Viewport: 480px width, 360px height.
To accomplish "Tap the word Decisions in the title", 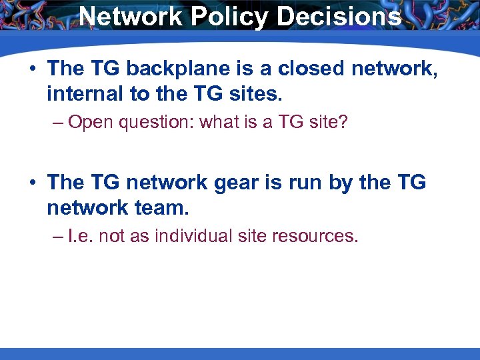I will pyautogui.click(x=339, y=17).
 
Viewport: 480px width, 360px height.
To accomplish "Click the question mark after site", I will pyautogui.click(x=343, y=123).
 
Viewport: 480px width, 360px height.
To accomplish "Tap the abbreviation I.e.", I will pyautogui.click(x=83, y=236).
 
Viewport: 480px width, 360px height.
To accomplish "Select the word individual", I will pyautogui.click(x=192, y=236).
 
